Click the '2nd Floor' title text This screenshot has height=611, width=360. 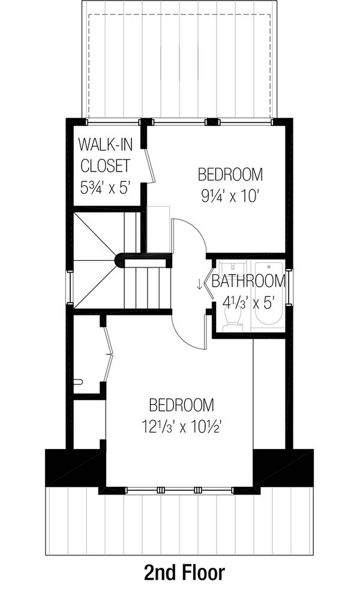184,573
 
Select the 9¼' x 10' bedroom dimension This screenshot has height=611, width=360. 231,195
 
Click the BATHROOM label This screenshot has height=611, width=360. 248,281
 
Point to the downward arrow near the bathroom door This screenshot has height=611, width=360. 199,284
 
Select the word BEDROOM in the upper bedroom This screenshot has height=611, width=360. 231,174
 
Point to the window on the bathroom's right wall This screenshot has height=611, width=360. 289,288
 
